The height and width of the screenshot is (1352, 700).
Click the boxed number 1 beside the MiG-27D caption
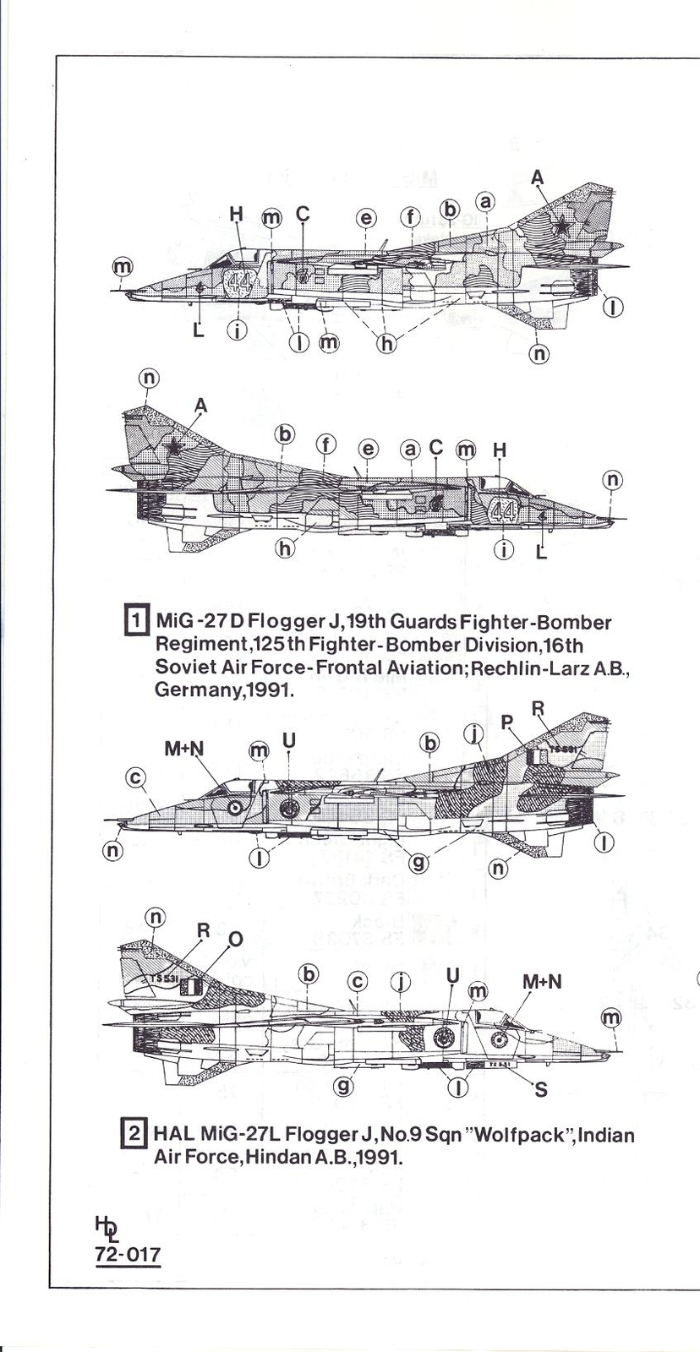click(x=137, y=622)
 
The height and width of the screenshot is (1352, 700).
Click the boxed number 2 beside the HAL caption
click(x=134, y=1136)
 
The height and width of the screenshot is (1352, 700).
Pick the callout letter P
click(x=506, y=722)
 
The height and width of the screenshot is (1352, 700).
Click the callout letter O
click(x=236, y=939)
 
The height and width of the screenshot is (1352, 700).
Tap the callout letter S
click(x=541, y=1089)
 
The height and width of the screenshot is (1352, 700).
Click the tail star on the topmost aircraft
click(x=562, y=226)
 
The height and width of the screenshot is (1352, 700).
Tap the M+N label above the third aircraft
click(x=184, y=749)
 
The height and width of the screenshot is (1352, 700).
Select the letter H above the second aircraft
click(x=500, y=450)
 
